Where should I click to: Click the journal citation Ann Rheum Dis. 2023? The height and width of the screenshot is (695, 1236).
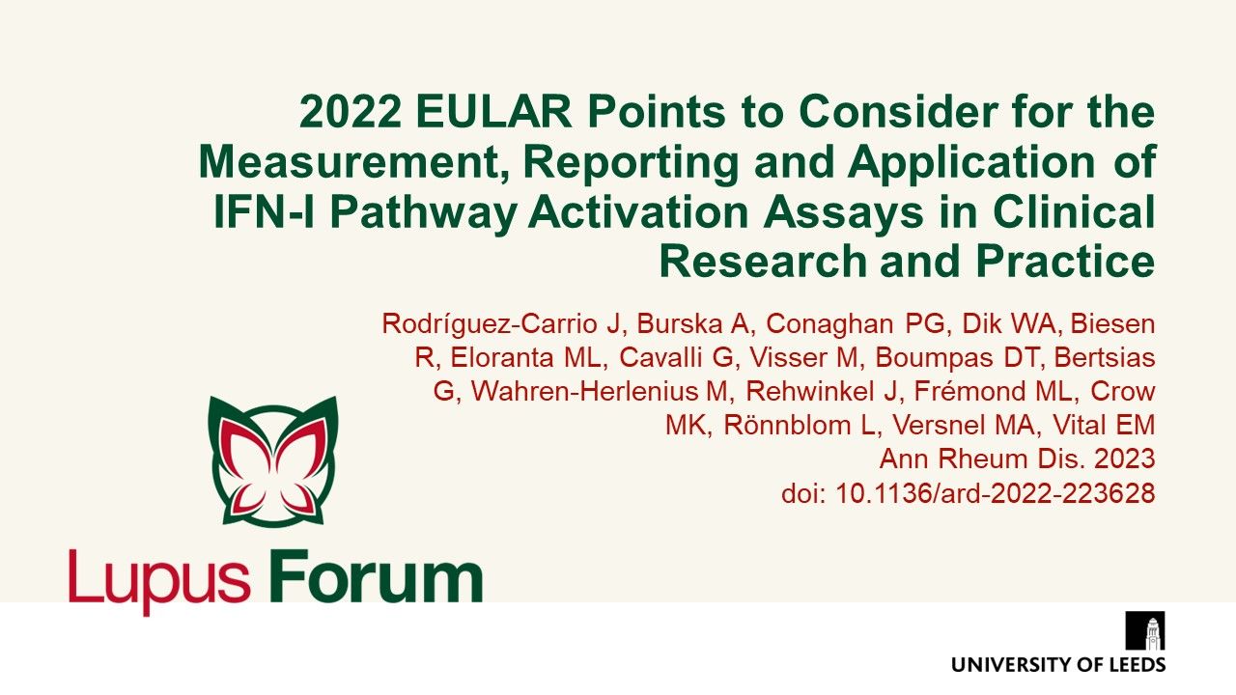point(1017,460)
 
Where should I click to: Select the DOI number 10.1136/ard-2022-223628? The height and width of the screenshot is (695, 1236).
point(996,494)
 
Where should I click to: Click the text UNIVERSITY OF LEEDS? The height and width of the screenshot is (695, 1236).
point(1058,664)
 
